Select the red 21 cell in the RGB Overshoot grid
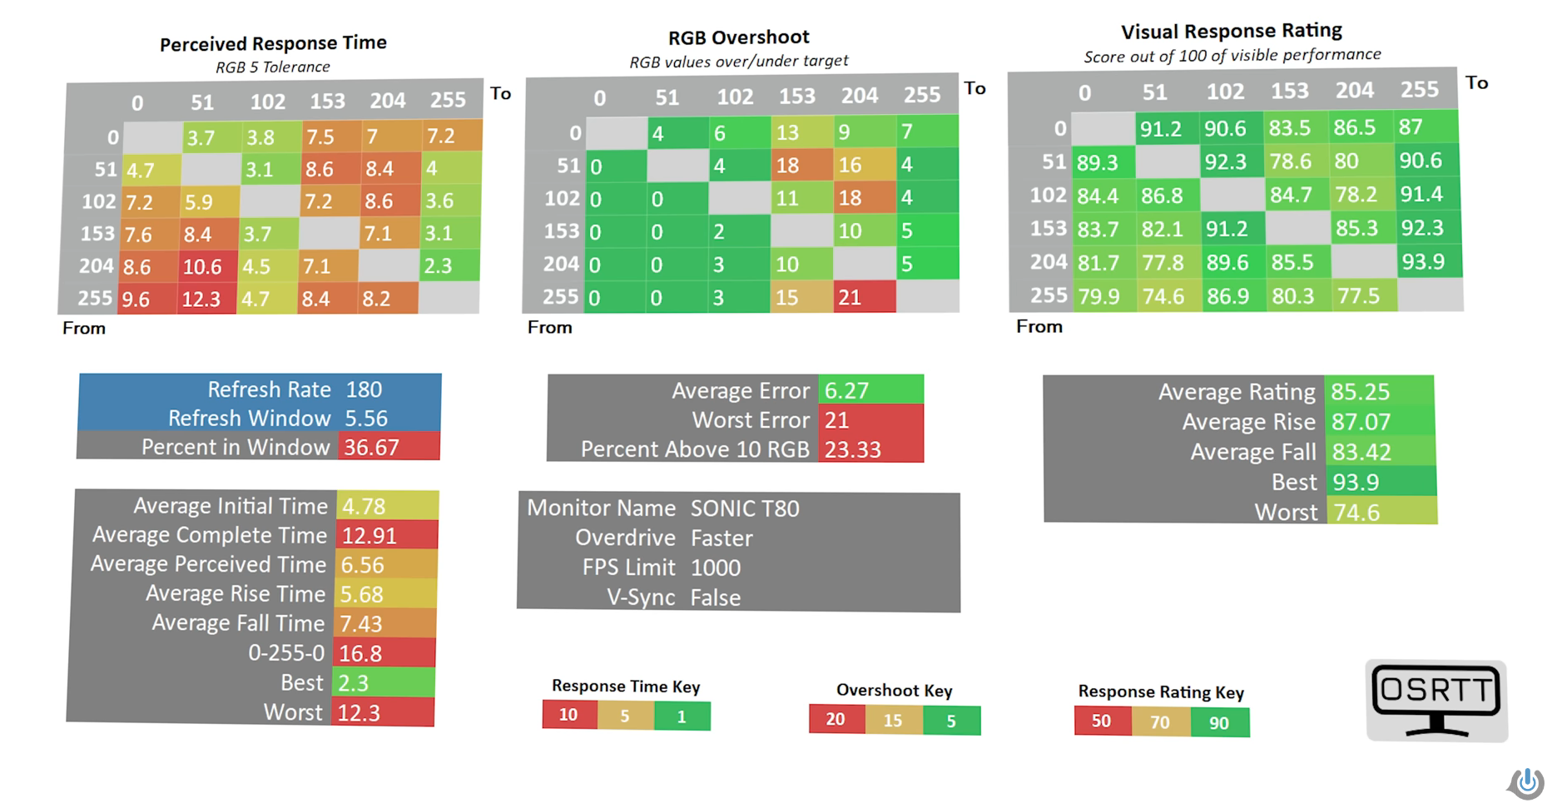point(865,297)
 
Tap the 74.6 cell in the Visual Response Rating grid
point(1169,296)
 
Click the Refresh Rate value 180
point(364,389)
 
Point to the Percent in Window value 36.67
point(372,447)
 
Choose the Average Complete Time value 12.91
point(369,535)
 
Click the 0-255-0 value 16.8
point(360,653)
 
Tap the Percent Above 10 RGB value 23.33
point(853,449)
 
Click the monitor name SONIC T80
point(745,508)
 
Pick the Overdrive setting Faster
point(721,538)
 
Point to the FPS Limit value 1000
point(716,568)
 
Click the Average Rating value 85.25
point(1360,391)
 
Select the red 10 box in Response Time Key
point(569,715)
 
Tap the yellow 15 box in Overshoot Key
point(894,720)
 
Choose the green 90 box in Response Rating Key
point(1219,722)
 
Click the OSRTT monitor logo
point(1436,700)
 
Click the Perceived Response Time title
point(273,43)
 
